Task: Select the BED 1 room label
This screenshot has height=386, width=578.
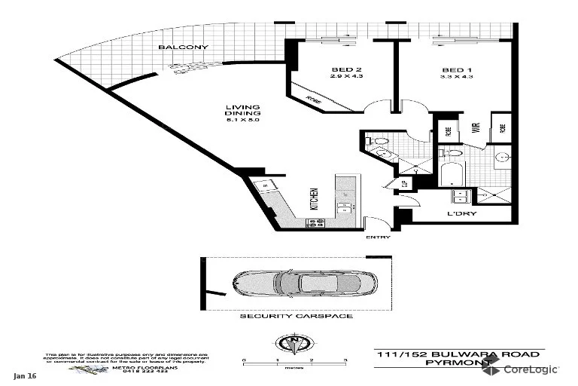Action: coord(457,71)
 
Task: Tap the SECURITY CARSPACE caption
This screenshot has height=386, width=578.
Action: coord(296,316)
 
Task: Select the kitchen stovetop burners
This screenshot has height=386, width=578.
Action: coord(315,221)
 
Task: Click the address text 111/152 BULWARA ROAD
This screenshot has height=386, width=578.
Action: coord(458,354)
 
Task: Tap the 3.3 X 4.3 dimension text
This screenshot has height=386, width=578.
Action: coord(457,78)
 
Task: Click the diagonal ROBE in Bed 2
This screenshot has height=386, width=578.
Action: coord(310,98)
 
